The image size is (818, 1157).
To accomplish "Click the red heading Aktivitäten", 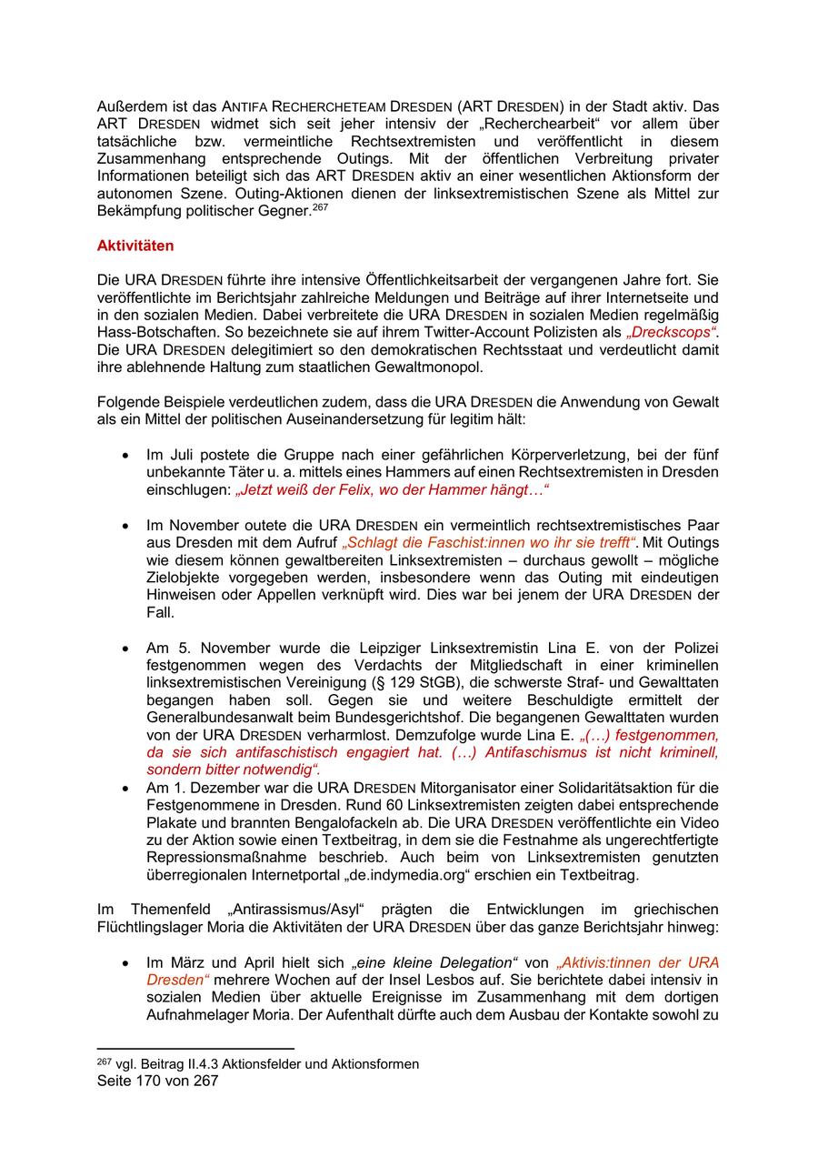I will pyautogui.click(x=135, y=246).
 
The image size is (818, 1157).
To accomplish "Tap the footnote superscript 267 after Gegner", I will pyautogui.click(x=320, y=206).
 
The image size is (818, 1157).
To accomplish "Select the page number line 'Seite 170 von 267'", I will pyautogui.click(x=157, y=1081).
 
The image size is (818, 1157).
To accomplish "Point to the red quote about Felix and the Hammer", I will pyautogui.click(x=393, y=489).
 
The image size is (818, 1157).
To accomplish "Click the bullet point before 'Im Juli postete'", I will pyautogui.click(x=125, y=455).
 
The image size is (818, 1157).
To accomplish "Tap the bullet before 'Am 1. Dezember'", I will pyautogui.click(x=125, y=788).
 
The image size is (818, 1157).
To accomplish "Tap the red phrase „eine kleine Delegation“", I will pyautogui.click(x=435, y=962).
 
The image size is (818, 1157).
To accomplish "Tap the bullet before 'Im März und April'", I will pyautogui.click(x=125, y=962).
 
